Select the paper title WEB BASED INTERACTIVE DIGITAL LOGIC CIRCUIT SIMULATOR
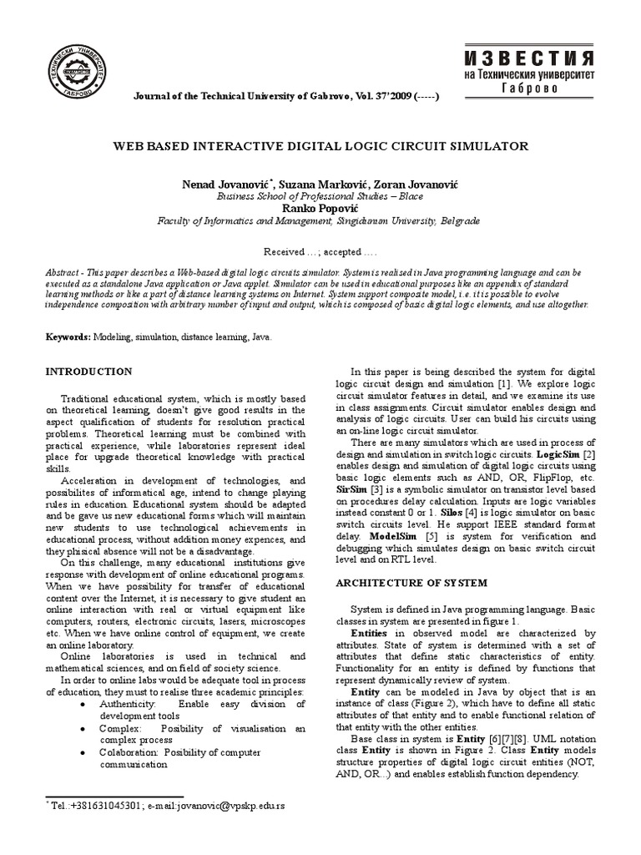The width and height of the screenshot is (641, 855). click(x=320, y=146)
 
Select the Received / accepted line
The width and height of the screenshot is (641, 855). click(x=320, y=251)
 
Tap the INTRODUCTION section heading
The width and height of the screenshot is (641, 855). click(x=88, y=371)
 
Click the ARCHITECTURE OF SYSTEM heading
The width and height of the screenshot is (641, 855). click(x=410, y=582)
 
